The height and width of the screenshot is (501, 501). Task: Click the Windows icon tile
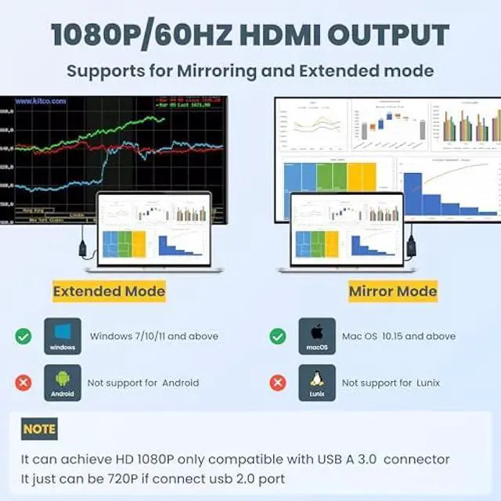pyautogui.click(x=63, y=337)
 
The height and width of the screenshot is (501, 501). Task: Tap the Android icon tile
pyautogui.click(x=63, y=383)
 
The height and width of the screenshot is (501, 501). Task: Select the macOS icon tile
pyautogui.click(x=317, y=337)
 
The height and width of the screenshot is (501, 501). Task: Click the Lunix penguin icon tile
pyautogui.click(x=317, y=383)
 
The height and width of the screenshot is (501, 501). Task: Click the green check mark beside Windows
pyautogui.click(x=23, y=337)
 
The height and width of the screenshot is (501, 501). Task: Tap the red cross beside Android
pyautogui.click(x=23, y=383)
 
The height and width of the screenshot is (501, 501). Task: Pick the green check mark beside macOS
pyautogui.click(x=277, y=337)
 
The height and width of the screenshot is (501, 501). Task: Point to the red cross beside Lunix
pyautogui.click(x=277, y=383)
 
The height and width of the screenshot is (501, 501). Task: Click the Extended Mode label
pyautogui.click(x=109, y=292)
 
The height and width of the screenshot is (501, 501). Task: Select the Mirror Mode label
pyautogui.click(x=392, y=292)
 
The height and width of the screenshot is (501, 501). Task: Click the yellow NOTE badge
pyautogui.click(x=39, y=429)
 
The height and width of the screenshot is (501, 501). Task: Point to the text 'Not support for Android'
pyautogui.click(x=143, y=383)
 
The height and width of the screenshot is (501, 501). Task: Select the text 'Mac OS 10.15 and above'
pyautogui.click(x=398, y=337)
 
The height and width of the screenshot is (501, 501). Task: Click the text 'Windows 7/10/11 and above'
pyautogui.click(x=154, y=337)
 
